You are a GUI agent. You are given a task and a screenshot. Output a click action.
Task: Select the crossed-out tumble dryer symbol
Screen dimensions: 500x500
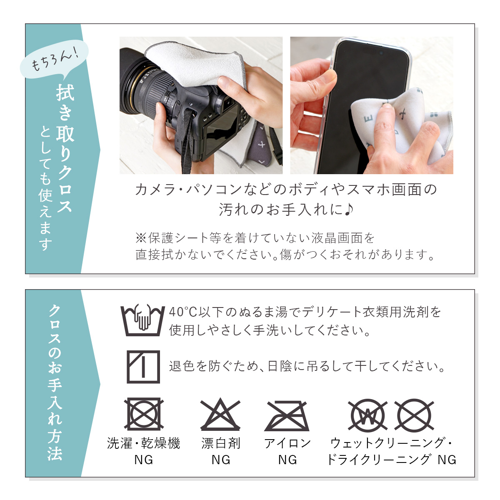144,414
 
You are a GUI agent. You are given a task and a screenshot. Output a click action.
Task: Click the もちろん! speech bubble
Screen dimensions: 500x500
54,59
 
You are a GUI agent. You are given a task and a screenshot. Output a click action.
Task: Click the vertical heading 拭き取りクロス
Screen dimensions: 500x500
65,149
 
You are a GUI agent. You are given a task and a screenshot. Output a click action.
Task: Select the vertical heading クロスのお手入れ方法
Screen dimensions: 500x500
55,383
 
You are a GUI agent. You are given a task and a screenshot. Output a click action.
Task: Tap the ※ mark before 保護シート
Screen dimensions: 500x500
141,238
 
